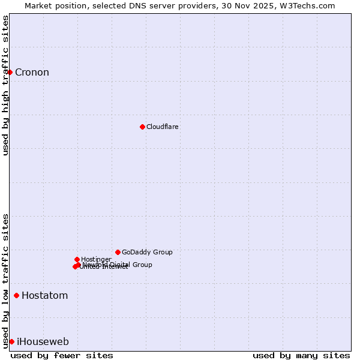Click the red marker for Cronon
[x=10, y=73]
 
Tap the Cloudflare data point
[x=142, y=127]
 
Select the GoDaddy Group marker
[x=118, y=252]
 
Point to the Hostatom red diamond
[x=16, y=295]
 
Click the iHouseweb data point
[x=11, y=341]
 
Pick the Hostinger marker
[x=77, y=259]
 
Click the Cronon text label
[x=32, y=73]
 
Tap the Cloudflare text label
[x=163, y=127]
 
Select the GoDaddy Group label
[x=147, y=252]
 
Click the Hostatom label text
[x=44, y=295]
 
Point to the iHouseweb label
[x=43, y=342]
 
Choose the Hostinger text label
[x=96, y=259]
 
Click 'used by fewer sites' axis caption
[x=62, y=355]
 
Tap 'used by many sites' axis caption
[x=301, y=355]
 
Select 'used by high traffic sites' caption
[x=6, y=85]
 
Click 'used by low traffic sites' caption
[x=6, y=280]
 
